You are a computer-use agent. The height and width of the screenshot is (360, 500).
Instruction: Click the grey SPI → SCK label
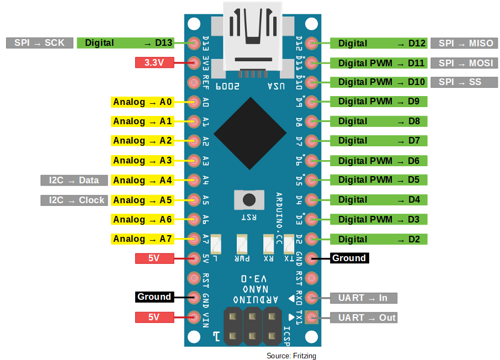point(40,43)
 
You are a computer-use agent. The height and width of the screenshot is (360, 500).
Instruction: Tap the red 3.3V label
point(155,62)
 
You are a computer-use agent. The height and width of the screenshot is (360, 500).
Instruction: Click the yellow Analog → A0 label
point(142,102)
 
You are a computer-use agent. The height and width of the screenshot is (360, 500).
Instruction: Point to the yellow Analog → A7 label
point(142,239)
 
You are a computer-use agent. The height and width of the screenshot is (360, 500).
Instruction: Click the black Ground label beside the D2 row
point(348,258)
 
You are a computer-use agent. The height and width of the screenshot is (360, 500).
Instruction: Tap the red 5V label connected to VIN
point(155,317)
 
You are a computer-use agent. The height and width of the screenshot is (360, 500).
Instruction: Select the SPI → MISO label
point(465,43)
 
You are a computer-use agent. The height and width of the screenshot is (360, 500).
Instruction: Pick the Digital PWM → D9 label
point(379,102)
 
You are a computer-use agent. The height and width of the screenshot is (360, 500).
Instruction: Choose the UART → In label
point(364,298)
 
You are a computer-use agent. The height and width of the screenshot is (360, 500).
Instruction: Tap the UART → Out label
point(364,317)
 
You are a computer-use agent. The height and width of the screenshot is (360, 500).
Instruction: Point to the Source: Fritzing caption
point(291,356)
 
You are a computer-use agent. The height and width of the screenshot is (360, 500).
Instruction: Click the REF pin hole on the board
point(194,82)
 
